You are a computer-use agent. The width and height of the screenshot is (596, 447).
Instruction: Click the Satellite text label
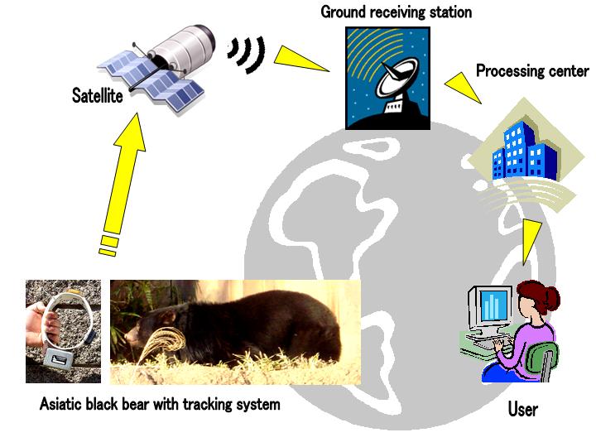[97, 97]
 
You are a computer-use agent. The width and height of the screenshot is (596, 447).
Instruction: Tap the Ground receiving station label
[396, 12]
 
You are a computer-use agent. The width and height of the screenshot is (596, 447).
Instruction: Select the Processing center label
[532, 71]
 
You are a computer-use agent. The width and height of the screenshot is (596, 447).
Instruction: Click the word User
[522, 409]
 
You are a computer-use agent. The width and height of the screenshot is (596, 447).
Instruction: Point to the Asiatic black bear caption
[160, 405]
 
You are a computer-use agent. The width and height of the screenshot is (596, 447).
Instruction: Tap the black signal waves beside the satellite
[248, 54]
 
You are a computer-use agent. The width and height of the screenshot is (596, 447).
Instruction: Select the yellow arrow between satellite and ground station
[302, 60]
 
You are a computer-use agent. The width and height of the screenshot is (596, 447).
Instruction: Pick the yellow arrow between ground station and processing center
[463, 86]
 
